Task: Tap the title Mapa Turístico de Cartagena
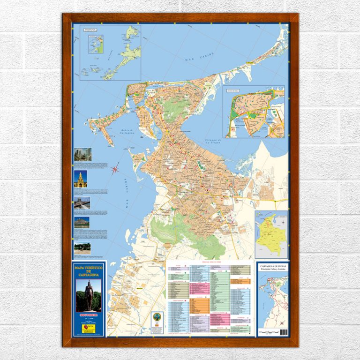(x=89, y=270)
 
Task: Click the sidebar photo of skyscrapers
(x=82, y=154)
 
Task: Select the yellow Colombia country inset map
(x=271, y=234)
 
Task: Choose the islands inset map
(x=111, y=52)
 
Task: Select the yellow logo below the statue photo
(x=89, y=329)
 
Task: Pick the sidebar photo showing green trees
(x=82, y=247)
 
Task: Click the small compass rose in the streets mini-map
(x=281, y=323)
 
